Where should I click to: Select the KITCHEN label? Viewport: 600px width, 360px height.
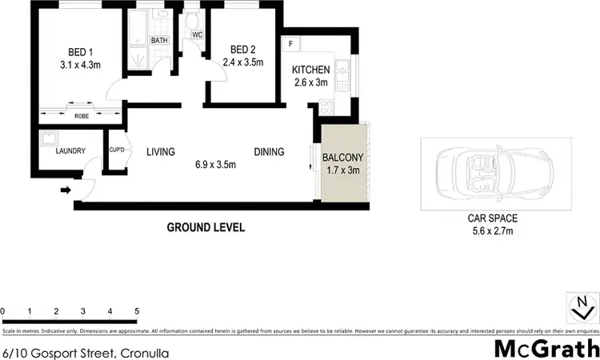(310, 70)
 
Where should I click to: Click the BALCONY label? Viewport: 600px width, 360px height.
(342, 158)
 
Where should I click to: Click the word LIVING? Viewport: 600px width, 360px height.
(160, 151)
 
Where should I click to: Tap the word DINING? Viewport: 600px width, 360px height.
(269, 151)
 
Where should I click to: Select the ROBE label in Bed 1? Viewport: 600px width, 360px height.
(81, 115)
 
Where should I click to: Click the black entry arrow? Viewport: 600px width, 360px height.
(66, 190)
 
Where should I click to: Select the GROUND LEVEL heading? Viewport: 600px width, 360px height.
(206, 227)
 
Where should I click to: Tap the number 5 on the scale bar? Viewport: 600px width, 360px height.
(137, 311)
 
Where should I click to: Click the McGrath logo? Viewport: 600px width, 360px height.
(547, 348)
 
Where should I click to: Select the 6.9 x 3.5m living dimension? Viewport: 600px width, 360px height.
(215, 165)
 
